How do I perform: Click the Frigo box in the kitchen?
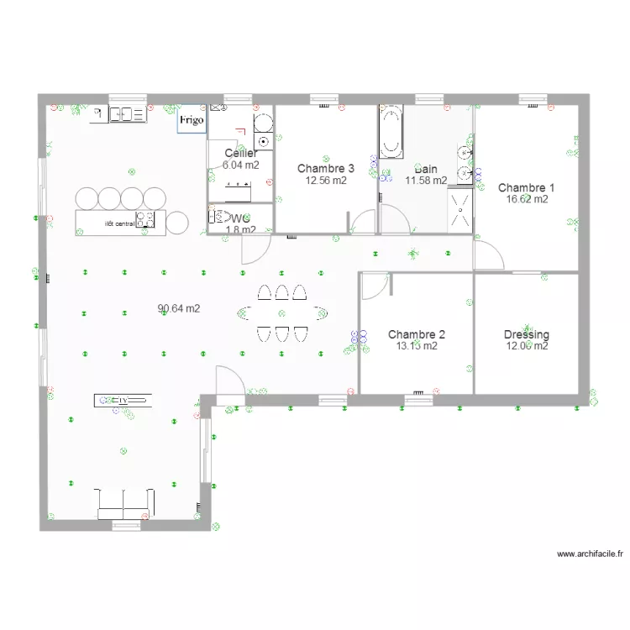click(191, 121)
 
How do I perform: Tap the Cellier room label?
click(241, 154)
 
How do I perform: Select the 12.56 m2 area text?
click(325, 180)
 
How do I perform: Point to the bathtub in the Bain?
click(391, 132)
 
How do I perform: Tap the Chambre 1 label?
click(527, 188)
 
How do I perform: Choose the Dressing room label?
click(527, 334)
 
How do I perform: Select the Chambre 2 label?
click(417, 334)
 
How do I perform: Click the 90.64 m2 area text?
click(179, 308)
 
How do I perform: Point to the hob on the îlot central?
click(146, 220)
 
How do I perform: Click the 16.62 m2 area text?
click(527, 200)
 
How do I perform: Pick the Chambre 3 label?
click(325, 169)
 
